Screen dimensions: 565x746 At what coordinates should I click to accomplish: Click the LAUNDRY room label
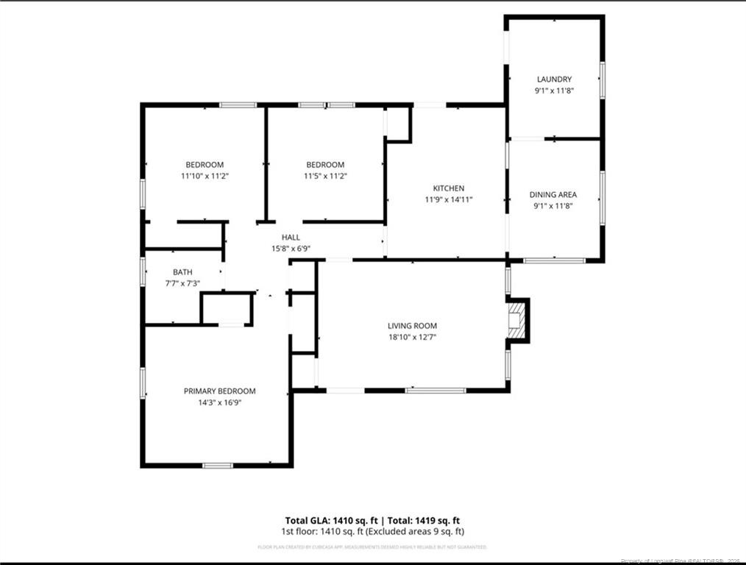[x=554, y=79]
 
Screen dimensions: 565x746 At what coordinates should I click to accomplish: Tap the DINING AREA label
[x=553, y=195]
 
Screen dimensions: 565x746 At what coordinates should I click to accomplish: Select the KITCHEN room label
[x=448, y=188]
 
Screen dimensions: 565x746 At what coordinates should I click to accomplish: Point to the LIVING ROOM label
[x=412, y=326]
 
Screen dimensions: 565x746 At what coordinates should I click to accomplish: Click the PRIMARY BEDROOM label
[x=219, y=391]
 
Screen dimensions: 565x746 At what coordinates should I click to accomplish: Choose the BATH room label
[x=182, y=272]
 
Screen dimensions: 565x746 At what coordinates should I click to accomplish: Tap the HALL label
[x=291, y=238]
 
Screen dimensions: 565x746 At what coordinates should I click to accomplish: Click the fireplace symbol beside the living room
[x=518, y=320]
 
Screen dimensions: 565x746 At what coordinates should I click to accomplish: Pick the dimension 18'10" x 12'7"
[x=412, y=337]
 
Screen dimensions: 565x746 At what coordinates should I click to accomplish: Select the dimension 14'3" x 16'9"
[x=219, y=402]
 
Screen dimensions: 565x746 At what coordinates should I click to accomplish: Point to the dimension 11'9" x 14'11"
[x=448, y=199]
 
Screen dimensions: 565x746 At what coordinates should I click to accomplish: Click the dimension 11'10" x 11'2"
[x=204, y=176]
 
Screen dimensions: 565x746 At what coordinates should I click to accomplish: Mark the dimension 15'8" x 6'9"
[x=291, y=249]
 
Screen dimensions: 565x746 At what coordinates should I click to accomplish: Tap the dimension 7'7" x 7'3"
[x=182, y=283]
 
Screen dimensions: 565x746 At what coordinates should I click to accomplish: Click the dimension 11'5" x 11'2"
[x=324, y=176]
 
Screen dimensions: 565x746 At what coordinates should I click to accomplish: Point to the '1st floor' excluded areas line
[x=372, y=530]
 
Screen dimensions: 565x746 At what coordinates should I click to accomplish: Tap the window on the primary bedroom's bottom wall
[x=218, y=465]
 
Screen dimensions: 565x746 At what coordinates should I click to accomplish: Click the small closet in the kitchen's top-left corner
[x=397, y=124]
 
